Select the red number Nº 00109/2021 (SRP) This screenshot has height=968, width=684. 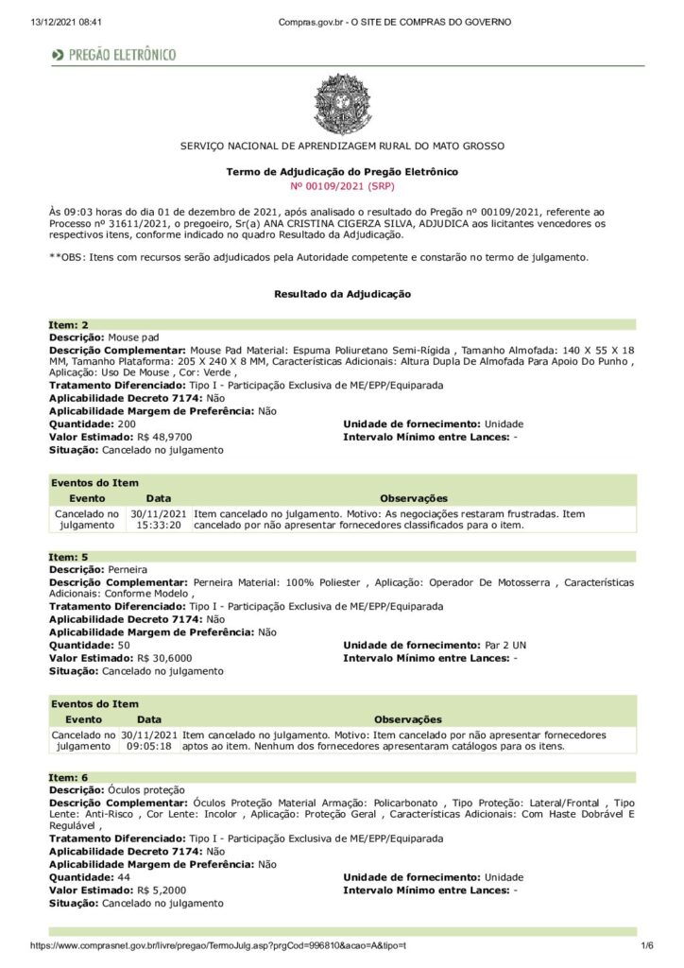click(x=342, y=187)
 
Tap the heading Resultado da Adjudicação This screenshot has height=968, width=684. click(x=342, y=295)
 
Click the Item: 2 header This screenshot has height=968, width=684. click(x=69, y=325)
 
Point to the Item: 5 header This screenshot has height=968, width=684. click(x=69, y=558)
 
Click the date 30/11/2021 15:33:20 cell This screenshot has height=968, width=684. click(x=158, y=519)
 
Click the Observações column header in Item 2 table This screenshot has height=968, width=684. click(x=413, y=498)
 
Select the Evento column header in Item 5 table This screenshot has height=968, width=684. click(x=84, y=719)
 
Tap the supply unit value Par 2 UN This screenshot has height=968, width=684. click(x=505, y=646)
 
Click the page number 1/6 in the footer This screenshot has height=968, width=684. click(x=647, y=945)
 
